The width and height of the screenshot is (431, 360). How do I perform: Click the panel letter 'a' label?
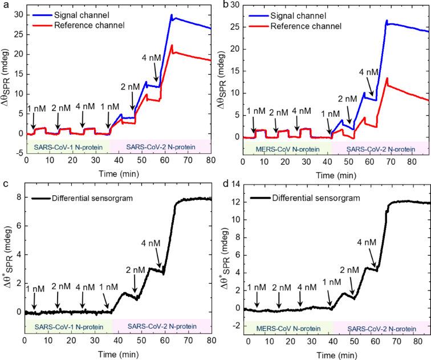tap(4, 5)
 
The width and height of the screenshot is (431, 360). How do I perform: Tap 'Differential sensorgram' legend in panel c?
tap(86, 198)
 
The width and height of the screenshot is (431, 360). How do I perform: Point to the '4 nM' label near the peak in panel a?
tap(152, 58)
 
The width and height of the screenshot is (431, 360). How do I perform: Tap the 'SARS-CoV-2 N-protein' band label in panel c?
tap(161, 326)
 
